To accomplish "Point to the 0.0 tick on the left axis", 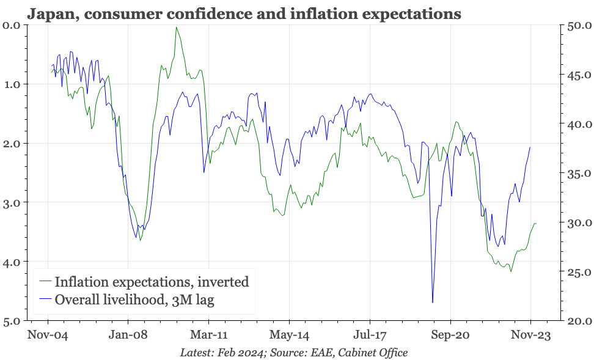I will (x=12, y=25).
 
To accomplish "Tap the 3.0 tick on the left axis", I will (x=12, y=202).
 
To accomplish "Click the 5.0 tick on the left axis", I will (x=12, y=321).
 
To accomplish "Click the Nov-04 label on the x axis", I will (x=48, y=335).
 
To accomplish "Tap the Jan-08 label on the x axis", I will (x=128, y=335).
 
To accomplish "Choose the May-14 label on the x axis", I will (x=289, y=335).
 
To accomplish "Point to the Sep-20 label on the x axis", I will (x=450, y=335).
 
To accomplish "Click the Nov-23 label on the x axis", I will (x=530, y=335).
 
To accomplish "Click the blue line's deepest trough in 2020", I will (x=433, y=302).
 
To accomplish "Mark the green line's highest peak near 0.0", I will (x=177, y=28).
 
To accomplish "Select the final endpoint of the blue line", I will (x=530, y=147).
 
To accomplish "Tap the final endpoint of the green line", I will (x=536, y=224).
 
